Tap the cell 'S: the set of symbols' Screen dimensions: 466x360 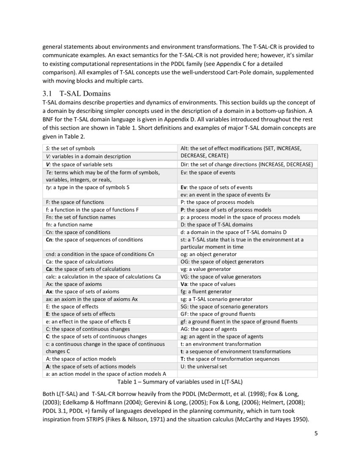tap(70, 148)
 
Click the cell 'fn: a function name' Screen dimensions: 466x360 tap(69, 225)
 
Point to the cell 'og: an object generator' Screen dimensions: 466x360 tap(208, 254)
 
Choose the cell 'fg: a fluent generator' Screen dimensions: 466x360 tap(206, 291)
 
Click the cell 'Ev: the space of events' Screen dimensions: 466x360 tap(208, 172)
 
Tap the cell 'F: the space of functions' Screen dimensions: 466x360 tap(75, 202)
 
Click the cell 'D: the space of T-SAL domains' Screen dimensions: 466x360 tap(216, 225)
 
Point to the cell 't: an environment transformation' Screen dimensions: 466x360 tap(221, 344)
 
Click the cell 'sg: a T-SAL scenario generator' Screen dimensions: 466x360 tap(216, 299)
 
